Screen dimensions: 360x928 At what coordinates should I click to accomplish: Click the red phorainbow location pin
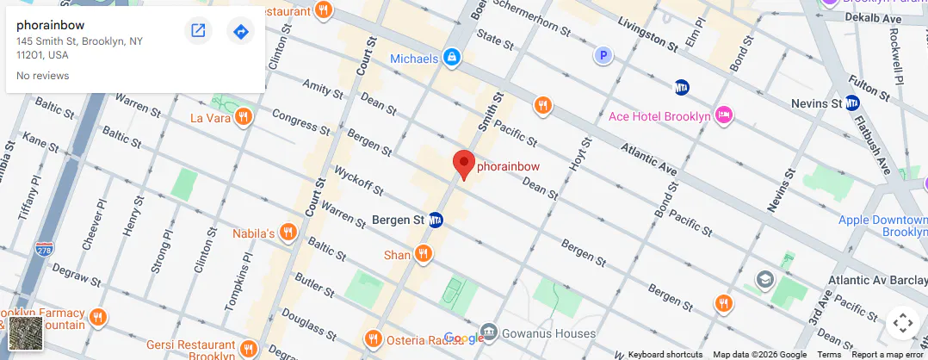pos(464,164)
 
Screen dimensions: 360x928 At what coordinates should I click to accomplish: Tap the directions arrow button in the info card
pos(241,32)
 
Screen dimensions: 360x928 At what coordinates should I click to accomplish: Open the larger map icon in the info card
pos(198,32)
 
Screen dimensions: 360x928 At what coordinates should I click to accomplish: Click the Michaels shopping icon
pos(450,59)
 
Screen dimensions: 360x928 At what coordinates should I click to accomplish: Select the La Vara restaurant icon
pos(244,117)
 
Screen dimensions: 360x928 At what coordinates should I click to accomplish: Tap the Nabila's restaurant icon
pos(288,233)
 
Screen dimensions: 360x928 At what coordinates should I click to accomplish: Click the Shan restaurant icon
pos(423,254)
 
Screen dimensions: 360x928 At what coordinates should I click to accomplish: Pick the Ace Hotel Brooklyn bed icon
pos(724,115)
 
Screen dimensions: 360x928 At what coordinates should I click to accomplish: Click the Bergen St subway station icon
pos(436,220)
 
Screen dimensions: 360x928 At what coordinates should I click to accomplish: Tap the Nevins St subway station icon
pos(852,103)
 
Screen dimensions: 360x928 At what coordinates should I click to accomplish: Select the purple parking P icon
pos(604,56)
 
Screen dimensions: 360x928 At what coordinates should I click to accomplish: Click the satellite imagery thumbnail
pos(26,333)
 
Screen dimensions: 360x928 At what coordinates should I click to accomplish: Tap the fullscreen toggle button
pos(902,323)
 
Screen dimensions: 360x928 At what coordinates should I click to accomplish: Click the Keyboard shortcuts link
pos(665,355)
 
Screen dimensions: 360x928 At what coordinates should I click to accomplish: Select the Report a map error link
pos(888,355)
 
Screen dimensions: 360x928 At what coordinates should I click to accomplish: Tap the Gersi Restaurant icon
pos(249,348)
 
